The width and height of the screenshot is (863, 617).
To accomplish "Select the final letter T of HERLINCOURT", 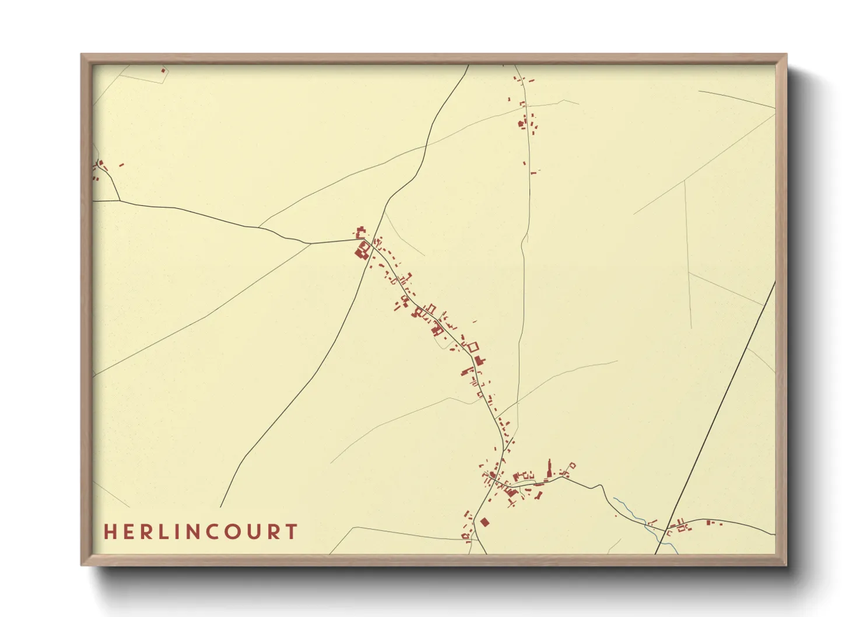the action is pyautogui.click(x=292, y=532).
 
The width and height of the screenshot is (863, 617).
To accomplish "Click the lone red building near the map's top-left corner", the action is pyautogui.click(x=163, y=71).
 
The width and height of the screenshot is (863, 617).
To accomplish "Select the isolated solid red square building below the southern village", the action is pyautogui.click(x=484, y=522).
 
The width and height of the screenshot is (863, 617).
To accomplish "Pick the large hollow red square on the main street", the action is pyautogui.click(x=472, y=347).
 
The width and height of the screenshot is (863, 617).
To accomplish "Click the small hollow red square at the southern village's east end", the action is pyautogui.click(x=572, y=466).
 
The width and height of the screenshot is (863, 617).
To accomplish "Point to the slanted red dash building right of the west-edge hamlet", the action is pyautogui.click(x=121, y=165).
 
